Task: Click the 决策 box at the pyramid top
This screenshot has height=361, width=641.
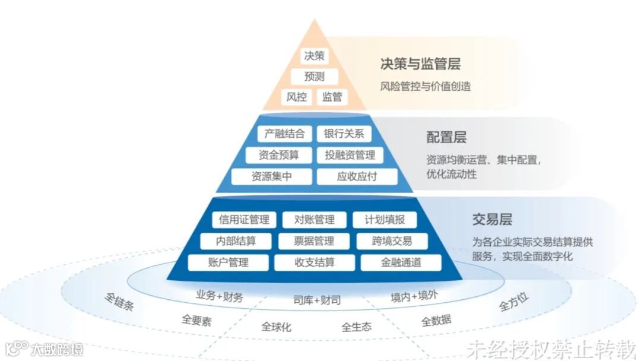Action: point(314,56)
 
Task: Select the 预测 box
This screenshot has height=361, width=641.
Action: point(314,76)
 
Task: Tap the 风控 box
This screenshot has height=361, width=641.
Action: point(297,96)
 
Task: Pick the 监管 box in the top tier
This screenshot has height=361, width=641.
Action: point(332,96)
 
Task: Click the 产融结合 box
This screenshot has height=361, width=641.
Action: point(284,134)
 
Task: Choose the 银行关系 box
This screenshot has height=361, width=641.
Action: point(344,134)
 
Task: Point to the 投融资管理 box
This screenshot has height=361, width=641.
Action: point(350,155)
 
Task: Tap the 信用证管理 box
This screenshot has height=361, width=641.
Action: point(244,220)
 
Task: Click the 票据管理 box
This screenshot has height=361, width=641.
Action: point(314,241)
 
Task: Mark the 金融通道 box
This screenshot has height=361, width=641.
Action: point(401,262)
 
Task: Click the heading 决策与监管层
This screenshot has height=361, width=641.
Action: point(420,64)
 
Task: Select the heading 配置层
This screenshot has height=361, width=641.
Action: point(446,138)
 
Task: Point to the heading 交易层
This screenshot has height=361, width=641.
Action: point(492,219)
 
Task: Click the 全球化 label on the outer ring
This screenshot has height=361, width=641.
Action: point(277,327)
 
